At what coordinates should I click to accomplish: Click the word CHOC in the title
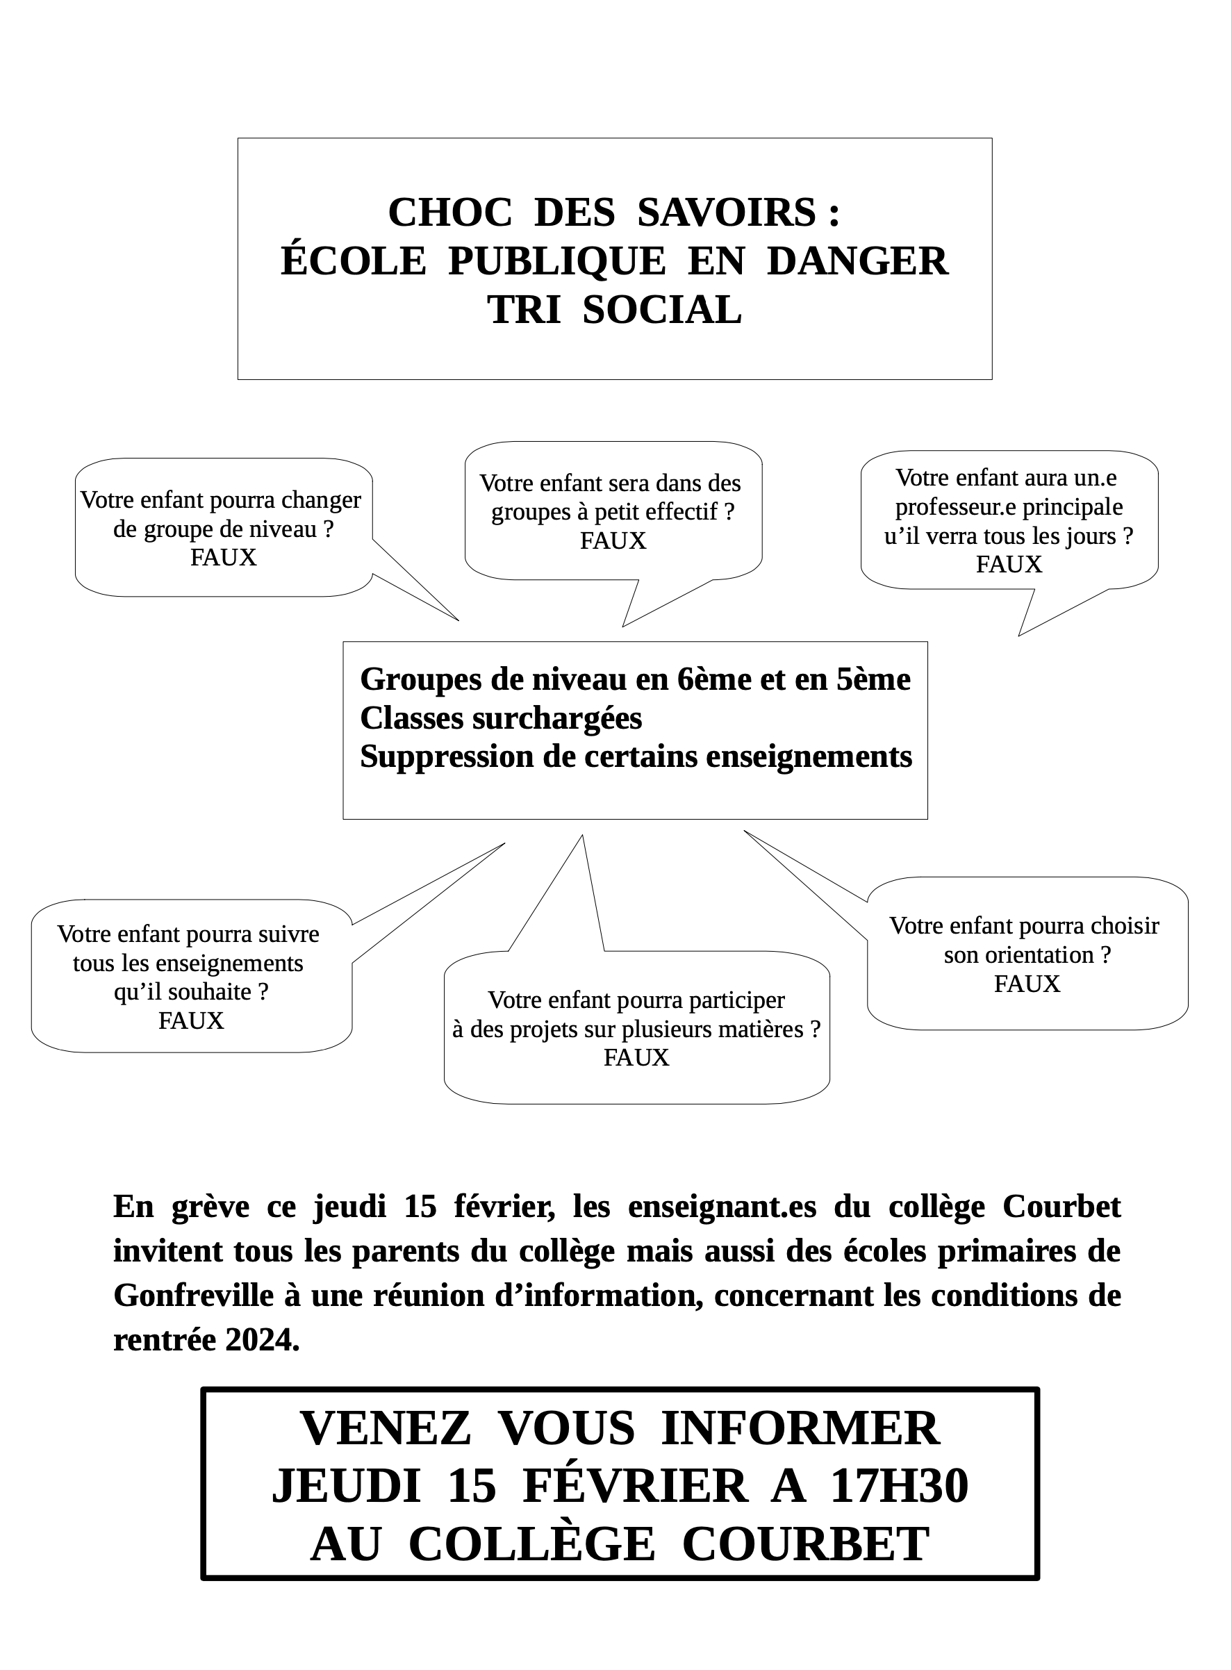(x=449, y=213)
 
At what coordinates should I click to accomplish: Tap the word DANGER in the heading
(x=857, y=262)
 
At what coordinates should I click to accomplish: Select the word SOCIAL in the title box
(x=662, y=310)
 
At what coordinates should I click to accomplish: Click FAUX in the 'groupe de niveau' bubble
(x=223, y=557)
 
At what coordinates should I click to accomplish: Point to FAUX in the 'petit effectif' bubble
(x=613, y=540)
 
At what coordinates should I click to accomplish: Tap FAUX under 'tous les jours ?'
(x=1008, y=564)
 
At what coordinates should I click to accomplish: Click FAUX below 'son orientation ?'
(x=1026, y=984)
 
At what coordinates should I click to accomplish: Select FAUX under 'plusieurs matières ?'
(x=636, y=1057)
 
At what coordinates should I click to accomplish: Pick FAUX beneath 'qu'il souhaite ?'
(x=191, y=1020)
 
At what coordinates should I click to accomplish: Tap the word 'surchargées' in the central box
(x=557, y=718)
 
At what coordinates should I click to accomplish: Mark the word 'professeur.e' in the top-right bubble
(x=946, y=506)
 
